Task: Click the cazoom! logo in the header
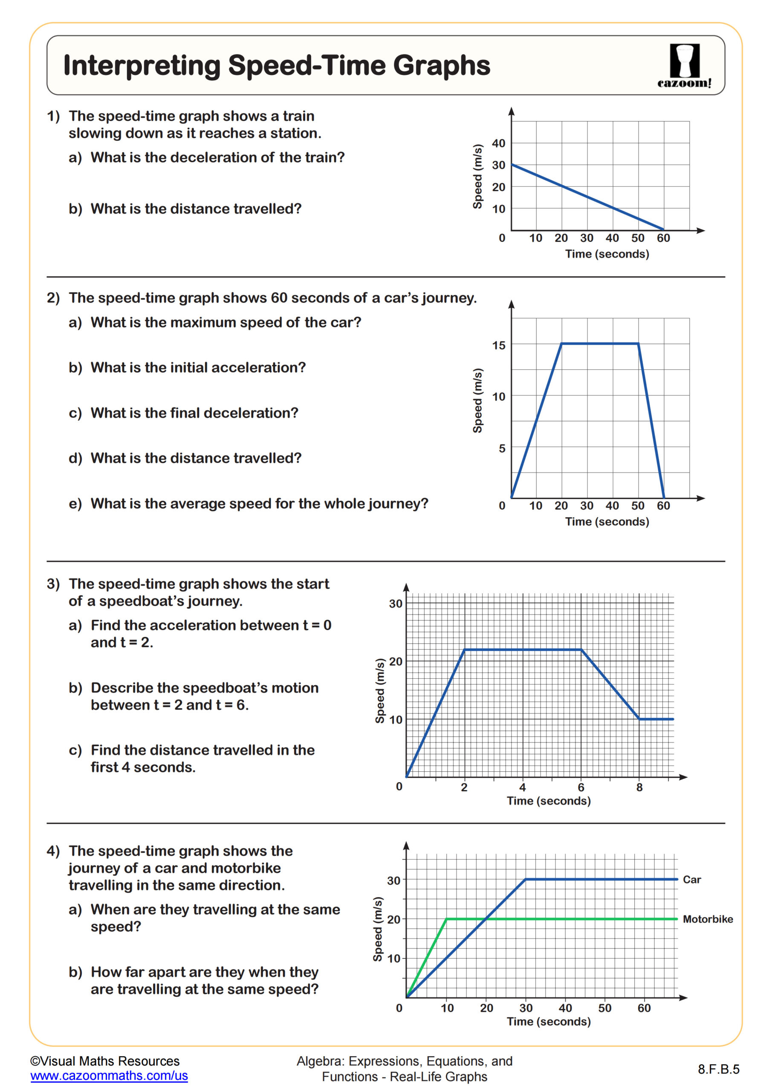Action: tap(684, 66)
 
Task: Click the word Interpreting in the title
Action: tap(142, 66)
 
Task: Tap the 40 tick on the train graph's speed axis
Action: tap(498, 143)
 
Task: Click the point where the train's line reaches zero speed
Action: tap(664, 230)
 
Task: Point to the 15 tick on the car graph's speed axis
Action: tap(498, 345)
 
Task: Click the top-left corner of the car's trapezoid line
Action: tap(562, 343)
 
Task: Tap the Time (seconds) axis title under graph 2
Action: tap(607, 522)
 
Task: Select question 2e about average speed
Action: tap(248, 503)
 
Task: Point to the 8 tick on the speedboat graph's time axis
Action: tap(639, 787)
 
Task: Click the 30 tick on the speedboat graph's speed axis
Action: tap(395, 604)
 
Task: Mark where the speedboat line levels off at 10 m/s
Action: tap(639, 719)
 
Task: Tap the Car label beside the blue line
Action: tap(692, 880)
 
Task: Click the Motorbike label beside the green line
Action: tap(707, 919)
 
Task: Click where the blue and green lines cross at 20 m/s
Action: tap(486, 919)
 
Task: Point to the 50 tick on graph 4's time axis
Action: tap(604, 1008)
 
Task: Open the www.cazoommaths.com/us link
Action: tap(109, 1075)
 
